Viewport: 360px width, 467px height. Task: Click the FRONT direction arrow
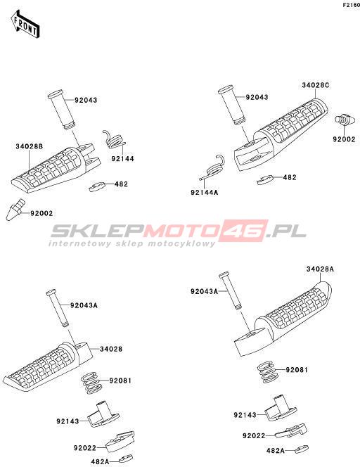click(x=25, y=25)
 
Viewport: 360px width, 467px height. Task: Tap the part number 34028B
click(x=30, y=146)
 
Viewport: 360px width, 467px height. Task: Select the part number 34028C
click(x=315, y=85)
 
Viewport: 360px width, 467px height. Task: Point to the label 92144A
click(x=205, y=193)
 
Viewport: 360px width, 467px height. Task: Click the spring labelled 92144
click(x=114, y=139)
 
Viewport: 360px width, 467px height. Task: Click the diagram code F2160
click(x=352, y=5)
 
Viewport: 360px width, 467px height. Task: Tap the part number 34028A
click(x=320, y=269)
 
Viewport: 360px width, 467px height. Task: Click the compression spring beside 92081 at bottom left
click(x=91, y=383)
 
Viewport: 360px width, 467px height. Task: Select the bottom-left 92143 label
click(x=68, y=421)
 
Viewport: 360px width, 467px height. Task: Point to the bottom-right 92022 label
click(x=254, y=436)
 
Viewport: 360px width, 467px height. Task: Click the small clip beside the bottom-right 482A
click(x=302, y=449)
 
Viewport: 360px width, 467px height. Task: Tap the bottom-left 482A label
click(x=100, y=461)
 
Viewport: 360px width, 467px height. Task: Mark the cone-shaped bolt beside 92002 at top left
click(x=15, y=210)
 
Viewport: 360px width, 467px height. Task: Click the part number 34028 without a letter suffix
click(x=111, y=349)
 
